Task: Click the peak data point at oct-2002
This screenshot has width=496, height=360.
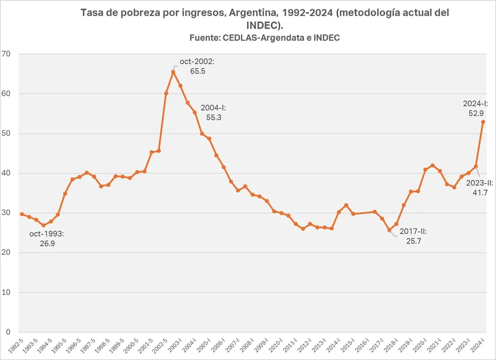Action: coord(173,72)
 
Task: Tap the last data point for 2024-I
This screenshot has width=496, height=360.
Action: coord(483,122)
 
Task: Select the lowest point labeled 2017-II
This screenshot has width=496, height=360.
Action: coord(389,230)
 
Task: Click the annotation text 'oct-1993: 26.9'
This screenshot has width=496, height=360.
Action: coord(47,238)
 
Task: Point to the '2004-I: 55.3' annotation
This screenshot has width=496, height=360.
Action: coord(213,113)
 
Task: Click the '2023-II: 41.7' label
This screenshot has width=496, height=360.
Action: coord(476,188)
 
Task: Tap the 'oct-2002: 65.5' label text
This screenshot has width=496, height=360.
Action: coord(197,66)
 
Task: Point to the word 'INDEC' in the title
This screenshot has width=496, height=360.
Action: coord(264,25)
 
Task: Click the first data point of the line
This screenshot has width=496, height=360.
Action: coord(22,214)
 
